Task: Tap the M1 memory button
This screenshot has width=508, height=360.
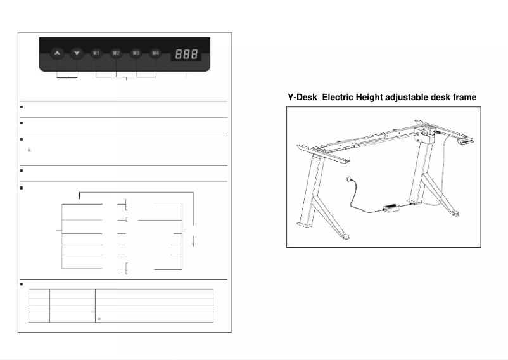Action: [96, 53]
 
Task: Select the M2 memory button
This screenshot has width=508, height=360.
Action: [116, 53]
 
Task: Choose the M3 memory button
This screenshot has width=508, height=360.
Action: [136, 53]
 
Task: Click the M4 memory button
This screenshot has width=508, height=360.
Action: [155, 53]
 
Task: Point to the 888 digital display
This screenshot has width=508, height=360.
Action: [186, 55]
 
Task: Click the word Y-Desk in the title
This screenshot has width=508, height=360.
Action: [303, 97]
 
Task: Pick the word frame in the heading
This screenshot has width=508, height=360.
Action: [464, 97]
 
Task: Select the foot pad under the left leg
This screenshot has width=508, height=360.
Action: [346, 239]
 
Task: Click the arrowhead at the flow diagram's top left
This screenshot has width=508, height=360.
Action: [79, 196]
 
